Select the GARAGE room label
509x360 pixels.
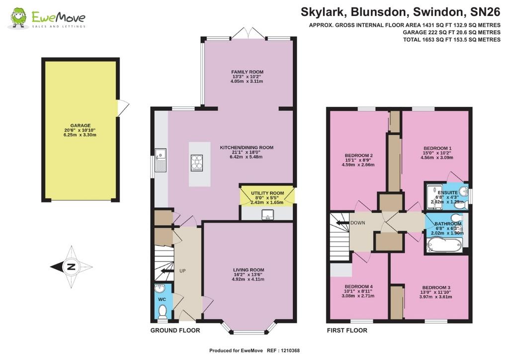click(81, 126)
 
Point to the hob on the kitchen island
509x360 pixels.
click(197, 163)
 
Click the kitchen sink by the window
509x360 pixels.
click(161, 160)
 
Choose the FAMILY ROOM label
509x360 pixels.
click(248, 72)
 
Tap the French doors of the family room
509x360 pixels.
click(249, 33)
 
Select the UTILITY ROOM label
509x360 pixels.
click(267, 193)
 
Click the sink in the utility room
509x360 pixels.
click(268, 214)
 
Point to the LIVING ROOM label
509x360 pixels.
click(249, 270)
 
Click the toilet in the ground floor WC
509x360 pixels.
click(162, 313)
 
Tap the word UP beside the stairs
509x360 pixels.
click(182, 270)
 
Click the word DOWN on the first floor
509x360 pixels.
click(358, 223)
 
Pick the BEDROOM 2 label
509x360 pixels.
click(358, 156)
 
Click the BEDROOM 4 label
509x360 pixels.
click(358, 286)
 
